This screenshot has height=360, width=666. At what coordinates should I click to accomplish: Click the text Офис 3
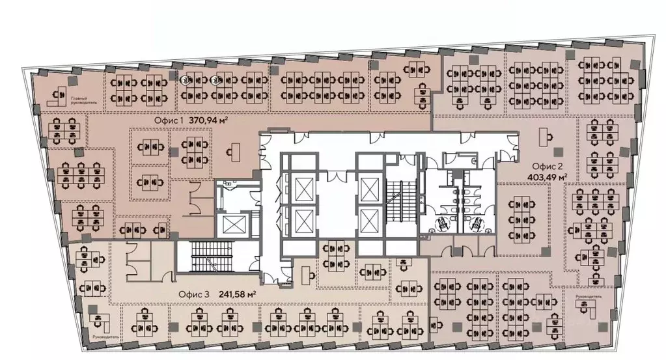(x=193, y=294)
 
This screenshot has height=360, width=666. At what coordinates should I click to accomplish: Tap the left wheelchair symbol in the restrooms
(x=441, y=222)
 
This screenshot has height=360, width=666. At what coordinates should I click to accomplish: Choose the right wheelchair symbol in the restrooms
(x=477, y=222)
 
